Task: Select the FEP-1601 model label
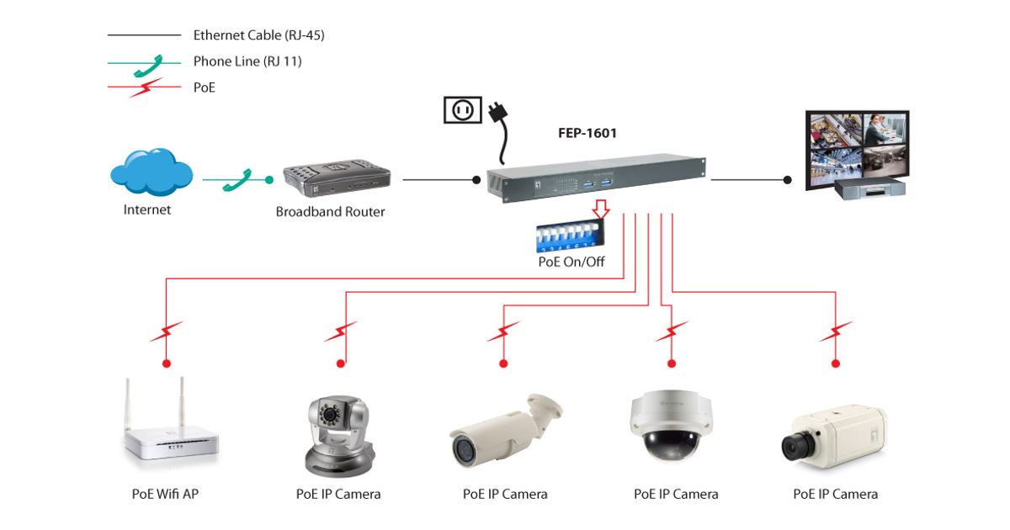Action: pyautogui.click(x=587, y=132)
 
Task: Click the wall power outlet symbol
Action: pyautogui.click(x=462, y=110)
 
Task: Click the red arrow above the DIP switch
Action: pyautogui.click(x=599, y=209)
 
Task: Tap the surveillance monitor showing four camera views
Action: pyautogui.click(x=856, y=150)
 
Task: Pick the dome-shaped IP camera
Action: pyautogui.click(x=670, y=426)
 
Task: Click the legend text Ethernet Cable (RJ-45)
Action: pyautogui.click(x=258, y=35)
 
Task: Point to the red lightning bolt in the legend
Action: pyautogui.click(x=145, y=87)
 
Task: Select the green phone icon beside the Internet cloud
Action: pyautogui.click(x=237, y=180)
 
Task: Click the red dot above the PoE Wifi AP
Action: pyautogui.click(x=167, y=363)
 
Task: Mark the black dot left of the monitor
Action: pyautogui.click(x=788, y=179)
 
